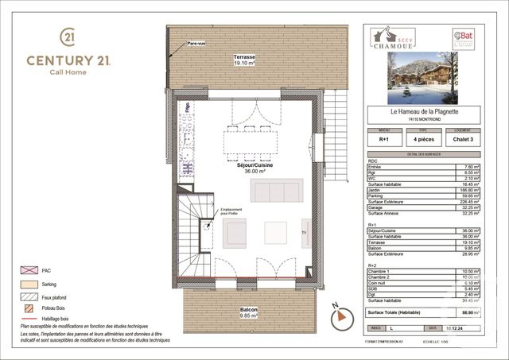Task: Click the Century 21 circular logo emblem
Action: (x=68, y=37)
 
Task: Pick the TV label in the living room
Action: (x=303, y=232)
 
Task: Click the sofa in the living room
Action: (x=276, y=191)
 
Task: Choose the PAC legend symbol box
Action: (x=29, y=271)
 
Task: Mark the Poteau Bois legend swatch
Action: (x=29, y=307)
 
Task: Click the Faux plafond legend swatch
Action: (x=29, y=295)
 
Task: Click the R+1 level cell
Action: (x=384, y=138)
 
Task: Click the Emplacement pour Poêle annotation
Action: (x=209, y=212)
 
